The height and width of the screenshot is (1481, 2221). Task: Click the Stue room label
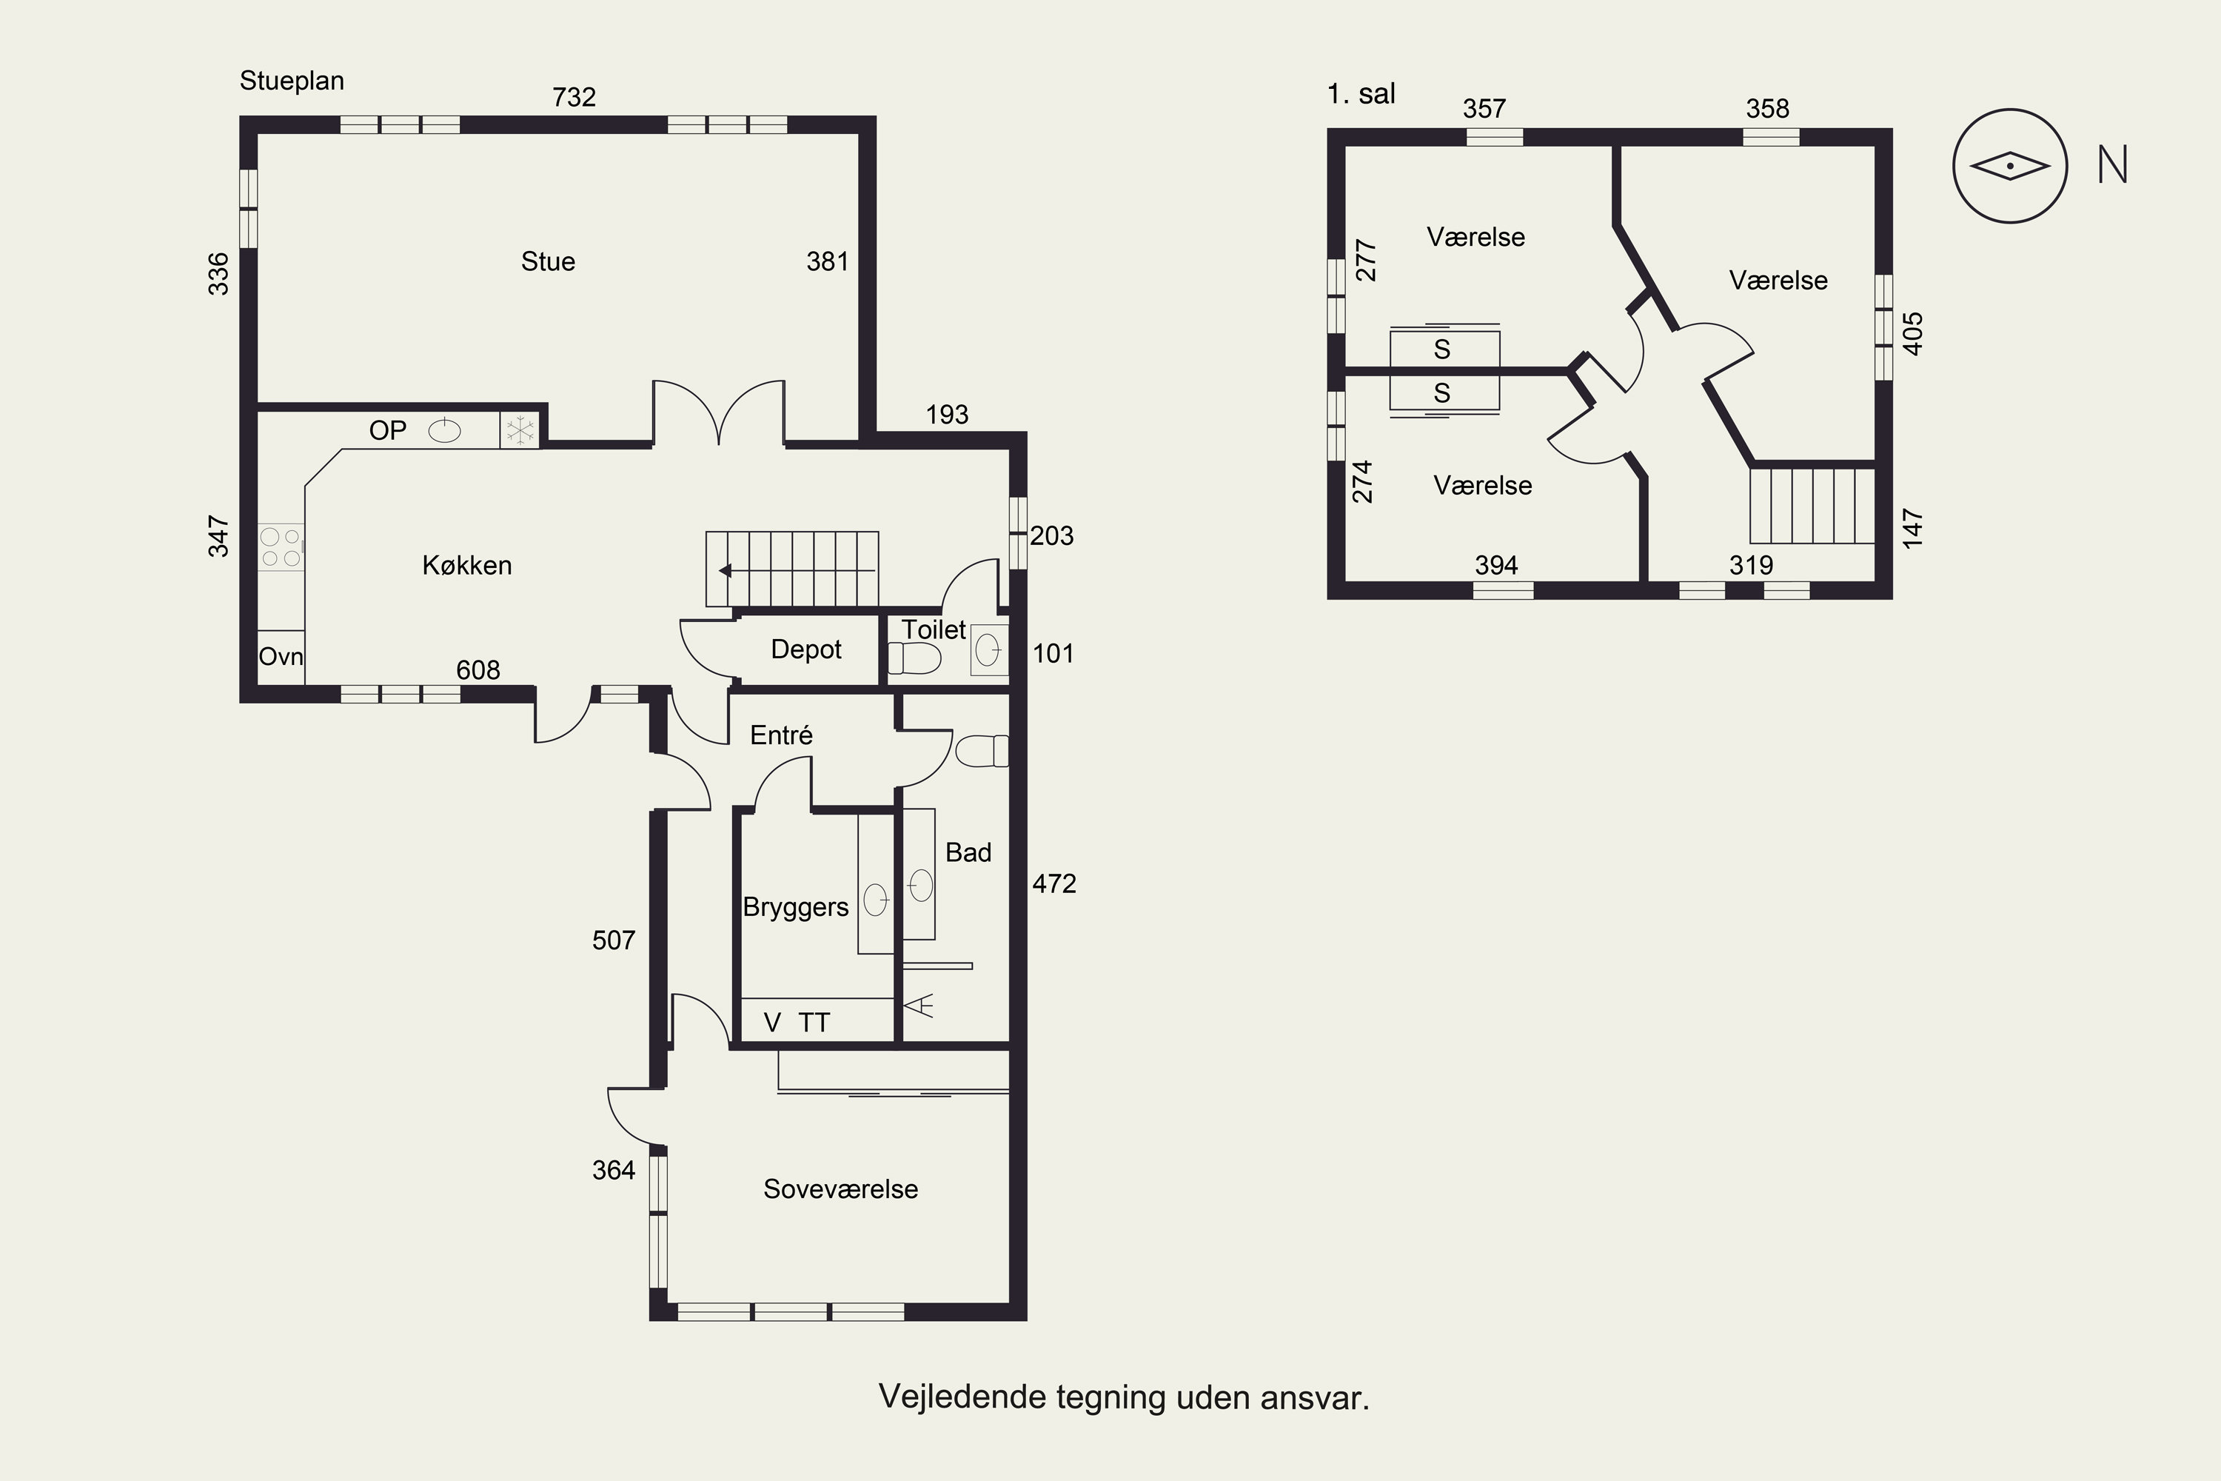[x=548, y=261]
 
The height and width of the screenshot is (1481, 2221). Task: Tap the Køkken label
[x=466, y=565]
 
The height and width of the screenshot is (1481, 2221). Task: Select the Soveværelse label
[x=840, y=1189]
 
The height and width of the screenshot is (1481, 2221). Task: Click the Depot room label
[x=805, y=650]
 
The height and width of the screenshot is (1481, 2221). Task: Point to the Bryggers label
[x=795, y=908]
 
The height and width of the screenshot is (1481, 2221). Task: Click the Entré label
[x=781, y=735]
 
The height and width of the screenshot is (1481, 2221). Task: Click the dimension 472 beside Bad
[x=1053, y=883]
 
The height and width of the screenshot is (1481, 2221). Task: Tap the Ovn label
[x=281, y=656]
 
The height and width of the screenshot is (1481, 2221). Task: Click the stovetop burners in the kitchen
[x=281, y=547]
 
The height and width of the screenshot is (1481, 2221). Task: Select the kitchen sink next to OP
[x=445, y=431]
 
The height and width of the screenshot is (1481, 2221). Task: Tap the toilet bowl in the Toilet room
[x=914, y=658]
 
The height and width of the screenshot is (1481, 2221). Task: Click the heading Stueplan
[x=292, y=81]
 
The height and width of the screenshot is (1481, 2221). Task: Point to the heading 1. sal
[x=1361, y=93]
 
